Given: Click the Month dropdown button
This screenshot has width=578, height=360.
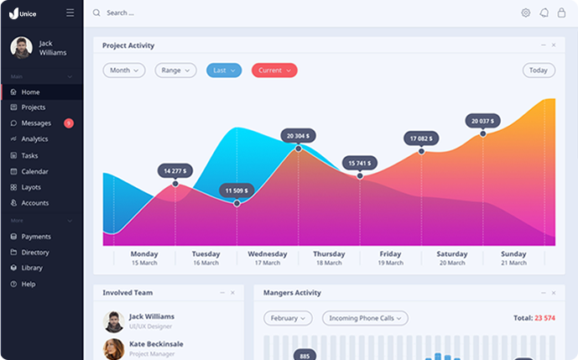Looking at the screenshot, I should click(x=124, y=70).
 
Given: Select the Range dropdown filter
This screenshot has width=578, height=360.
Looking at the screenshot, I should click(x=175, y=70).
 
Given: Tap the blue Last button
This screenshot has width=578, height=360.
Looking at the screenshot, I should click(x=224, y=70).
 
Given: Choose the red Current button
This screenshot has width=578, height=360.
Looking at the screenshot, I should click(x=274, y=70).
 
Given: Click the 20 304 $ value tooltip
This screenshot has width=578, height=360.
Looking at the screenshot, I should click(x=298, y=135).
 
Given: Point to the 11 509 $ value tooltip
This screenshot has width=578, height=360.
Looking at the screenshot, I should click(x=237, y=190).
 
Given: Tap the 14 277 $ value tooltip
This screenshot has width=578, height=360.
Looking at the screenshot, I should click(x=175, y=170).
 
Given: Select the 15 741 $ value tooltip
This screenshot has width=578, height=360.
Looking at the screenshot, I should click(x=360, y=163).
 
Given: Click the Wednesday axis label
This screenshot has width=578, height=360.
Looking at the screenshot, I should click(x=268, y=254).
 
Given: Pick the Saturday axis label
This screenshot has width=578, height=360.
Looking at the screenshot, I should click(x=451, y=254).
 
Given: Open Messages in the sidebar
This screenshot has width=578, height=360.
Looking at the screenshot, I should click(x=36, y=123).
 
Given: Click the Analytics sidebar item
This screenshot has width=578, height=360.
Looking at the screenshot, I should click(x=34, y=139).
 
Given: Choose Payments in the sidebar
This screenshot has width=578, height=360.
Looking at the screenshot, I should click(x=36, y=237).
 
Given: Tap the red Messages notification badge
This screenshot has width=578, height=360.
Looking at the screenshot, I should click(x=69, y=123).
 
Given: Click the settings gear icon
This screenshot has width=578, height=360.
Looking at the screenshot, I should click(x=525, y=13).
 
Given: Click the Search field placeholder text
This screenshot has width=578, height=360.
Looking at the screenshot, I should click(x=120, y=13).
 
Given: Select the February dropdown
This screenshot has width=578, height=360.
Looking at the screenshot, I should click(x=288, y=318).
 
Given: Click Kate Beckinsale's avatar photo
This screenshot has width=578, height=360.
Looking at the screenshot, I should click(x=114, y=349).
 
